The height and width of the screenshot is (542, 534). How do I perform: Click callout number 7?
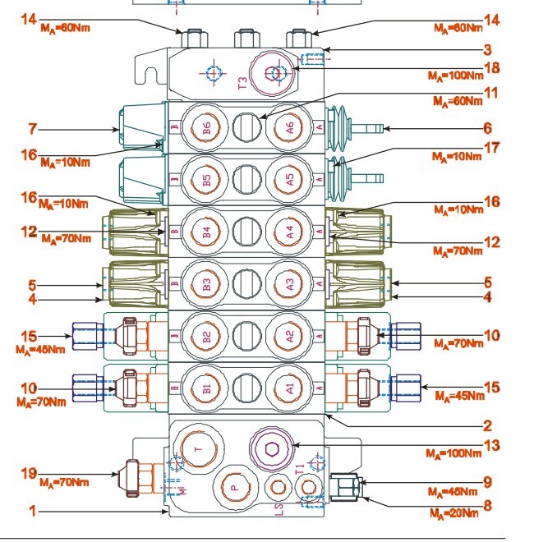pos(34,128)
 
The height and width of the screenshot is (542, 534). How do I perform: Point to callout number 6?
pos(487,128)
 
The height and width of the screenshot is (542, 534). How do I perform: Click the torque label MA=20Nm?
pos(454,513)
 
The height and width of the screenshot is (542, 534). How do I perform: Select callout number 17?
pos(490,149)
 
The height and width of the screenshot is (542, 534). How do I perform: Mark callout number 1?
pos(34,511)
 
